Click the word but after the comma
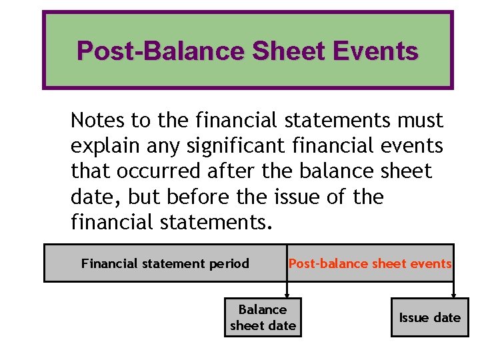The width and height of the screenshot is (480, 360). (141, 197)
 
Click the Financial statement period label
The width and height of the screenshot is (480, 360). (165, 263)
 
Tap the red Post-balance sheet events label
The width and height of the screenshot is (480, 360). (370, 263)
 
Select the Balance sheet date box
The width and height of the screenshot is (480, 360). (263, 317)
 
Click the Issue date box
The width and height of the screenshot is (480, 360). (429, 317)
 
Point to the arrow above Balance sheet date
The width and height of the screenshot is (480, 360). (287, 289)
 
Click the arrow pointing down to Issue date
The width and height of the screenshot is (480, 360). (454, 289)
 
